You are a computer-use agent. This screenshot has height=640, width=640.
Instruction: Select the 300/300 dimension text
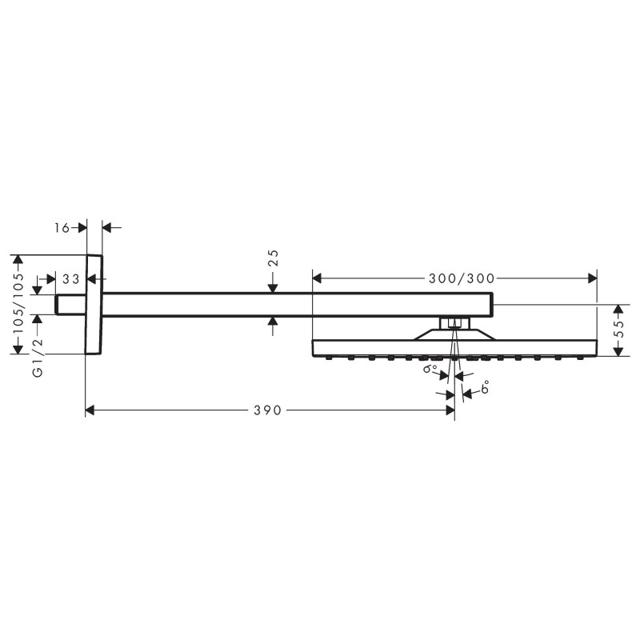462,278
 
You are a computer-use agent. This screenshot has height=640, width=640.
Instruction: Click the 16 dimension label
62,228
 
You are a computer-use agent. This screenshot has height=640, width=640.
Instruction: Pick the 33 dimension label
70,279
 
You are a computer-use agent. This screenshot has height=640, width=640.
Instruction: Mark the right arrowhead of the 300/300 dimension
592,278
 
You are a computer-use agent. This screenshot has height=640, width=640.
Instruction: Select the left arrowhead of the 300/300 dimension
317,278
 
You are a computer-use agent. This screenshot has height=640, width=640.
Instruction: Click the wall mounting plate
94,304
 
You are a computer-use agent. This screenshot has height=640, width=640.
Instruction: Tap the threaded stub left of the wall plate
70,304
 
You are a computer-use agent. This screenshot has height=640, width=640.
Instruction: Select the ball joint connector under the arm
454,324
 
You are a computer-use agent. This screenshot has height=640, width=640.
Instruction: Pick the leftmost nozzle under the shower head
330,359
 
